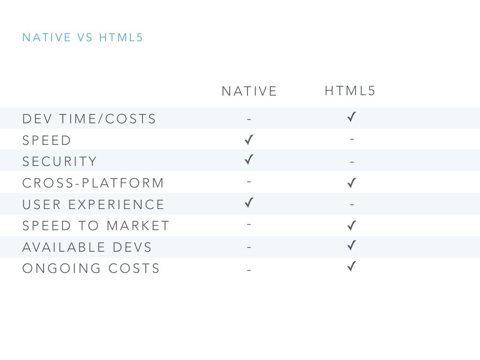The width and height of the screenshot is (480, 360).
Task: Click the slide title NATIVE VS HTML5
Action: tap(82, 37)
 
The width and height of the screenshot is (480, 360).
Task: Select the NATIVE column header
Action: tap(249, 91)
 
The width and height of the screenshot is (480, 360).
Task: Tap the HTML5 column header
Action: tap(350, 90)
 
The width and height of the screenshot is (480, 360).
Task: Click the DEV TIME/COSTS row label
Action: tap(89, 119)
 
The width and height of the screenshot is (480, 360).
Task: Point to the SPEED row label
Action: tap(47, 141)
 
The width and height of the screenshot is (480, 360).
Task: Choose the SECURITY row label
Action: tap(60, 162)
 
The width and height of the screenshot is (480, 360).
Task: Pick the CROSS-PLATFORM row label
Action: tap(93, 183)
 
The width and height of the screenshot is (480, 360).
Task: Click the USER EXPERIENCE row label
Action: tap(93, 205)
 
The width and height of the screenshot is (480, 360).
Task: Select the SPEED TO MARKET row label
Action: tap(96, 226)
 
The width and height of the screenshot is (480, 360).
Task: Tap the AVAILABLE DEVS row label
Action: tap(87, 247)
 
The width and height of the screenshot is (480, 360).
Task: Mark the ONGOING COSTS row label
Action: tap(91, 269)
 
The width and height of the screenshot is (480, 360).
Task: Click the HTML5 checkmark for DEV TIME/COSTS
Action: tap(352, 117)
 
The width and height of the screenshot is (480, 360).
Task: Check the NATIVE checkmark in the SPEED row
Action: tap(249, 139)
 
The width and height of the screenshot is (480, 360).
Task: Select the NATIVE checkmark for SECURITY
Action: tap(249, 160)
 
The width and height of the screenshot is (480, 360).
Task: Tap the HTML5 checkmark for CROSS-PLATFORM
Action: tap(352, 183)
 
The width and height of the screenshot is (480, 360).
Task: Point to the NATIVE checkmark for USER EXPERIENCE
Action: tap(249, 203)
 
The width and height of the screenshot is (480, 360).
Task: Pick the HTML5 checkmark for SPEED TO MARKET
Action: tap(352, 226)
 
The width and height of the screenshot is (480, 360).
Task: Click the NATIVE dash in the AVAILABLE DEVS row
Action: tap(249, 247)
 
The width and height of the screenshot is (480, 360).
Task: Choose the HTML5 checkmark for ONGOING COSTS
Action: tap(352, 267)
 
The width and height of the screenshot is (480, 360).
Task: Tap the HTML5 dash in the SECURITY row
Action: tap(352, 162)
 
